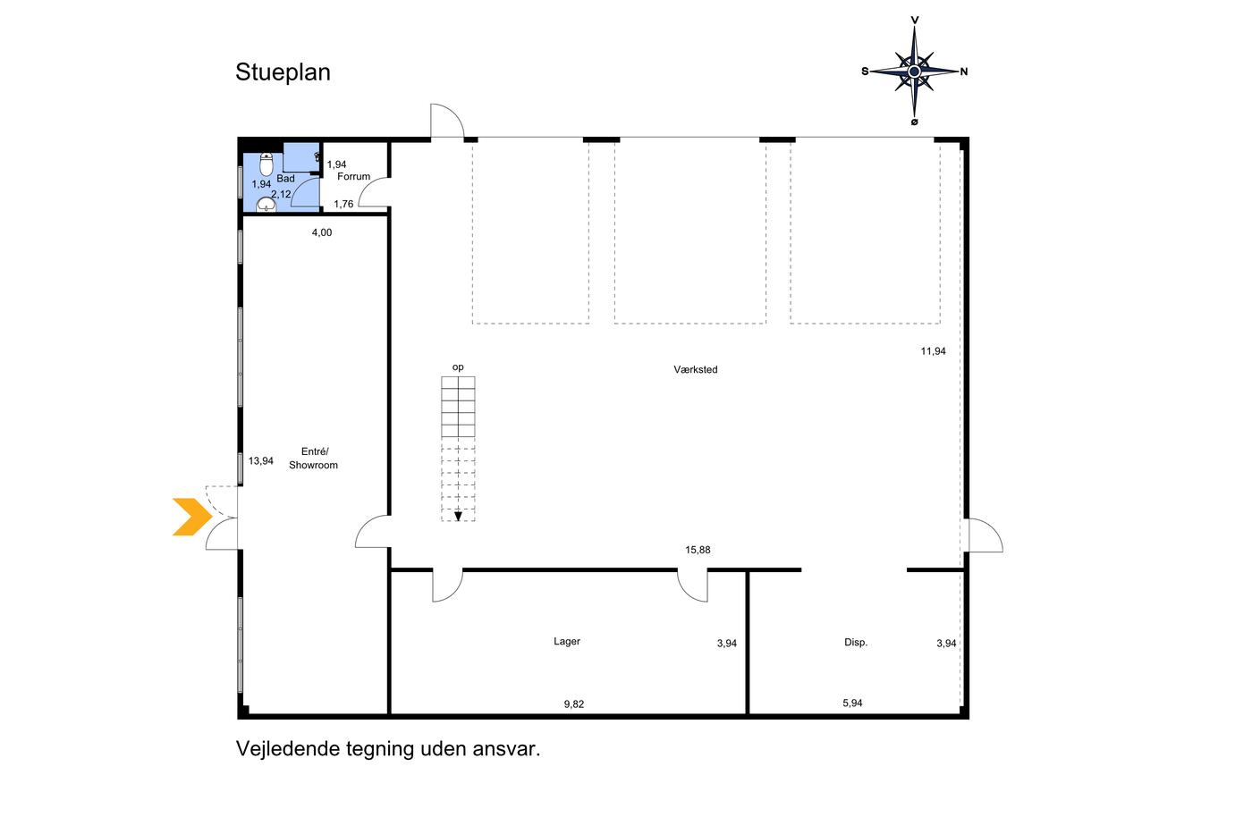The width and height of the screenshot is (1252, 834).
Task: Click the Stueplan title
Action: [283, 72]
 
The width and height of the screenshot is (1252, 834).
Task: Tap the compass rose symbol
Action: [914, 71]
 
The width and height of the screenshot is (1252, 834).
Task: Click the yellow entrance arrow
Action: [191, 517]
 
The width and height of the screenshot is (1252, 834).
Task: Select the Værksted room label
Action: [696, 369]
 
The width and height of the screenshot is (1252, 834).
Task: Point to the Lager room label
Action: [567, 642]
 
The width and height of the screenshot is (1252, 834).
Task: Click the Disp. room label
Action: [856, 643]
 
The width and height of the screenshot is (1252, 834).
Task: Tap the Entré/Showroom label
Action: [313, 459]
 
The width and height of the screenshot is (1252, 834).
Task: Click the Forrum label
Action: [353, 177]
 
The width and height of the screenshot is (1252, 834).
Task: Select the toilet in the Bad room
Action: [266, 164]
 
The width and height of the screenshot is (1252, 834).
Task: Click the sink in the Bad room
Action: [266, 206]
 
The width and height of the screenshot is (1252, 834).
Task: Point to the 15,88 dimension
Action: [698, 551]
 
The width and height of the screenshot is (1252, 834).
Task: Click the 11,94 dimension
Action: [933, 351]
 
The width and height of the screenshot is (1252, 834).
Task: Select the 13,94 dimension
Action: [261, 461]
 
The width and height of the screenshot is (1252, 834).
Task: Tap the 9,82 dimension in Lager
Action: [573, 704]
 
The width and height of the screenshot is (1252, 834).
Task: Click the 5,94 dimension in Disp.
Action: [852, 703]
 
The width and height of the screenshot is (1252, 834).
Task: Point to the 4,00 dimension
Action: [321, 233]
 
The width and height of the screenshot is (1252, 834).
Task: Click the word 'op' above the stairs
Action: [458, 367]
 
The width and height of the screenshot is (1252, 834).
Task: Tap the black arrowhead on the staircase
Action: [458, 516]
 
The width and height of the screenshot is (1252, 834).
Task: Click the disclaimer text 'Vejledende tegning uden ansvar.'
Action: [388, 749]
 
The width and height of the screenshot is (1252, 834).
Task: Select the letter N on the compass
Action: [963, 72]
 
